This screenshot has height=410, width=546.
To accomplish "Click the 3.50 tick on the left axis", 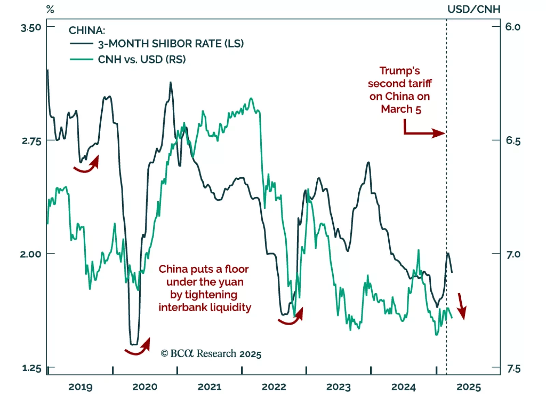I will [31, 28].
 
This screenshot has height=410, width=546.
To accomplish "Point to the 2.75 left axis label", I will [31, 141].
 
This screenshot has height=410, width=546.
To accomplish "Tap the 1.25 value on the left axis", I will [31, 368].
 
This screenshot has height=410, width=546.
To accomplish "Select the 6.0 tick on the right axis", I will [513, 27].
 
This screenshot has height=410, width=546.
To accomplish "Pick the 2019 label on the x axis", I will [80, 387].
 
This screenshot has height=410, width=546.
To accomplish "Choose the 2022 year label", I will [274, 387].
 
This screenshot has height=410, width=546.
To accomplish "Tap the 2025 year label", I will [469, 387].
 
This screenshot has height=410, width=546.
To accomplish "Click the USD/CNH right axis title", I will [474, 9].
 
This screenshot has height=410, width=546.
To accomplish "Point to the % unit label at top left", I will [50, 9].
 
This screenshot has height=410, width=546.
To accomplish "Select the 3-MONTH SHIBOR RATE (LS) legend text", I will [171, 44].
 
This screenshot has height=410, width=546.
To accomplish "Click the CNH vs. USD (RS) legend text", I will [142, 59].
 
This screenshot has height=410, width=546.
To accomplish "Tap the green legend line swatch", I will [81, 59].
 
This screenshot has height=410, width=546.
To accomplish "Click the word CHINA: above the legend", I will [87, 30].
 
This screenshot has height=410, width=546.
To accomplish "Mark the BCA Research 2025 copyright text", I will [211, 354].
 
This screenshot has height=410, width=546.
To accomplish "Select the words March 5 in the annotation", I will [401, 109].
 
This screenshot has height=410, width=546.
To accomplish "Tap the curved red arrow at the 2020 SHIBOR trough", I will [138, 348].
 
